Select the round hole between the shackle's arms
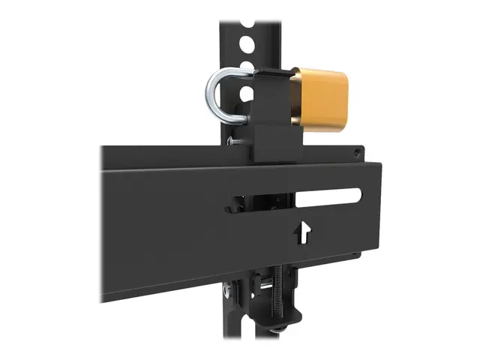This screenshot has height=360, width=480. [x=244, y=94]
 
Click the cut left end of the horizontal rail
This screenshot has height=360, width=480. [x=104, y=225]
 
